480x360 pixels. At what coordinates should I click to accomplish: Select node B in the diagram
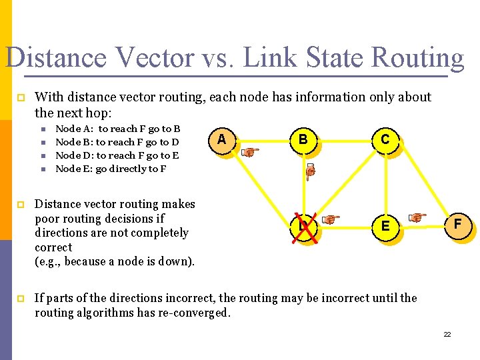303,139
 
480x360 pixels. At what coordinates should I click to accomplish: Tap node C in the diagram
385,139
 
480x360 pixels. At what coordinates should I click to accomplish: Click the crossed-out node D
303,227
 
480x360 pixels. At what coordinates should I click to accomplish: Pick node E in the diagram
385,227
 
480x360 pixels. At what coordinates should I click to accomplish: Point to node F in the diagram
458,225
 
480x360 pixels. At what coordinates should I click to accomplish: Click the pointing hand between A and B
250,152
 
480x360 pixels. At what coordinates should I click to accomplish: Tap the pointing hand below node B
309,173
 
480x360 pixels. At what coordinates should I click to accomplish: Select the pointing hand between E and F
417,217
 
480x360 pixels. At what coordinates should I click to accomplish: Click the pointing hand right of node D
331,219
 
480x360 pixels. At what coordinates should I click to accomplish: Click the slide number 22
447,333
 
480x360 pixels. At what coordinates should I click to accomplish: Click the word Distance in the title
55,57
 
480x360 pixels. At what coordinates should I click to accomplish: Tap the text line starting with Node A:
118,129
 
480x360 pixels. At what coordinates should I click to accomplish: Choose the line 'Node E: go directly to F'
111,169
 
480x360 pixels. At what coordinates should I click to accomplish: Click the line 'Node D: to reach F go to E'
117,155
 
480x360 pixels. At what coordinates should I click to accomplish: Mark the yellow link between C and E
385,183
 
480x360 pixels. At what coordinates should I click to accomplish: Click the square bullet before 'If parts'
20,298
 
